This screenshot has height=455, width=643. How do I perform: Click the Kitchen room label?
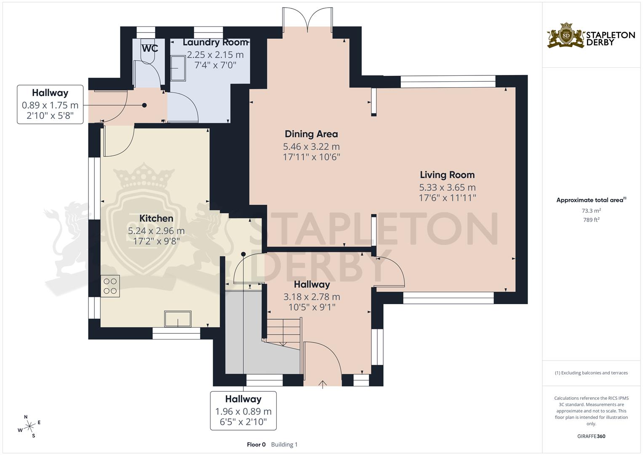pyautogui.click(x=156, y=218)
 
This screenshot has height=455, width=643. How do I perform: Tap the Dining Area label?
pyautogui.click(x=311, y=134)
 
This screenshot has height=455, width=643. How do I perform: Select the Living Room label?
pyautogui.click(x=447, y=175)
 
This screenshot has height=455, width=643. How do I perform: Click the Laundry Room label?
pyautogui.click(x=215, y=43)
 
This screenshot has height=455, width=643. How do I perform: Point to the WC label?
pyautogui.click(x=149, y=48)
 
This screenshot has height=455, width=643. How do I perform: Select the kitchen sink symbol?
pyautogui.click(x=178, y=319)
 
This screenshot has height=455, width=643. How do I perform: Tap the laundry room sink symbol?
pyautogui.click(x=179, y=69)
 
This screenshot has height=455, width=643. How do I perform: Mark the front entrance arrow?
pyautogui.click(x=323, y=384)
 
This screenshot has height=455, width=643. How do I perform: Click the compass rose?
pyautogui.click(x=29, y=427)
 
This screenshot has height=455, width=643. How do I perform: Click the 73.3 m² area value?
pyautogui.click(x=591, y=210)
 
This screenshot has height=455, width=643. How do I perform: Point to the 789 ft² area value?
pyautogui.click(x=591, y=219)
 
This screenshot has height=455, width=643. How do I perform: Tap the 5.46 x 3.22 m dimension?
pyautogui.click(x=311, y=147)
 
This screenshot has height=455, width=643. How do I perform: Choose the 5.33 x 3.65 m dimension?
pyautogui.click(x=447, y=187)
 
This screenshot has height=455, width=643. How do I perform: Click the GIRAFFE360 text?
pyautogui.click(x=591, y=436)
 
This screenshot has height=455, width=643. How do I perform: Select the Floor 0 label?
pyautogui.click(x=256, y=444)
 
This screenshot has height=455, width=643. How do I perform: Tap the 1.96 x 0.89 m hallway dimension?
pyautogui.click(x=243, y=411)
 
